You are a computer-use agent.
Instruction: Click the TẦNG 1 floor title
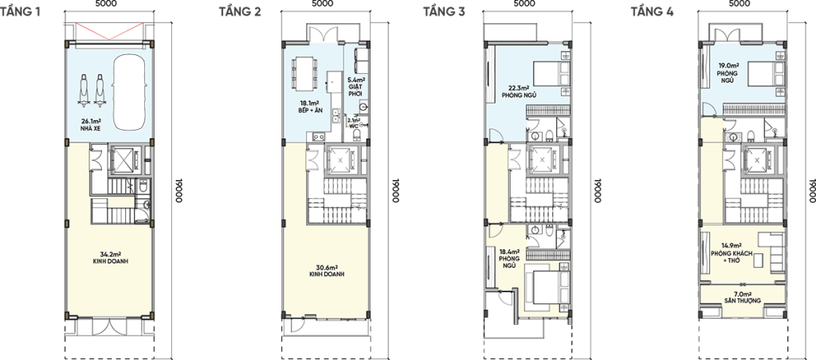(20, 11)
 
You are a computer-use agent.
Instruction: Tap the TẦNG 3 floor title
(444, 11)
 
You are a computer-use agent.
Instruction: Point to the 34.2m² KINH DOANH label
(108, 258)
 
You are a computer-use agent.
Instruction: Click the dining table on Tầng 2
(303, 72)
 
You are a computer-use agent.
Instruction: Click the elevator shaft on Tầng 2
(340, 160)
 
